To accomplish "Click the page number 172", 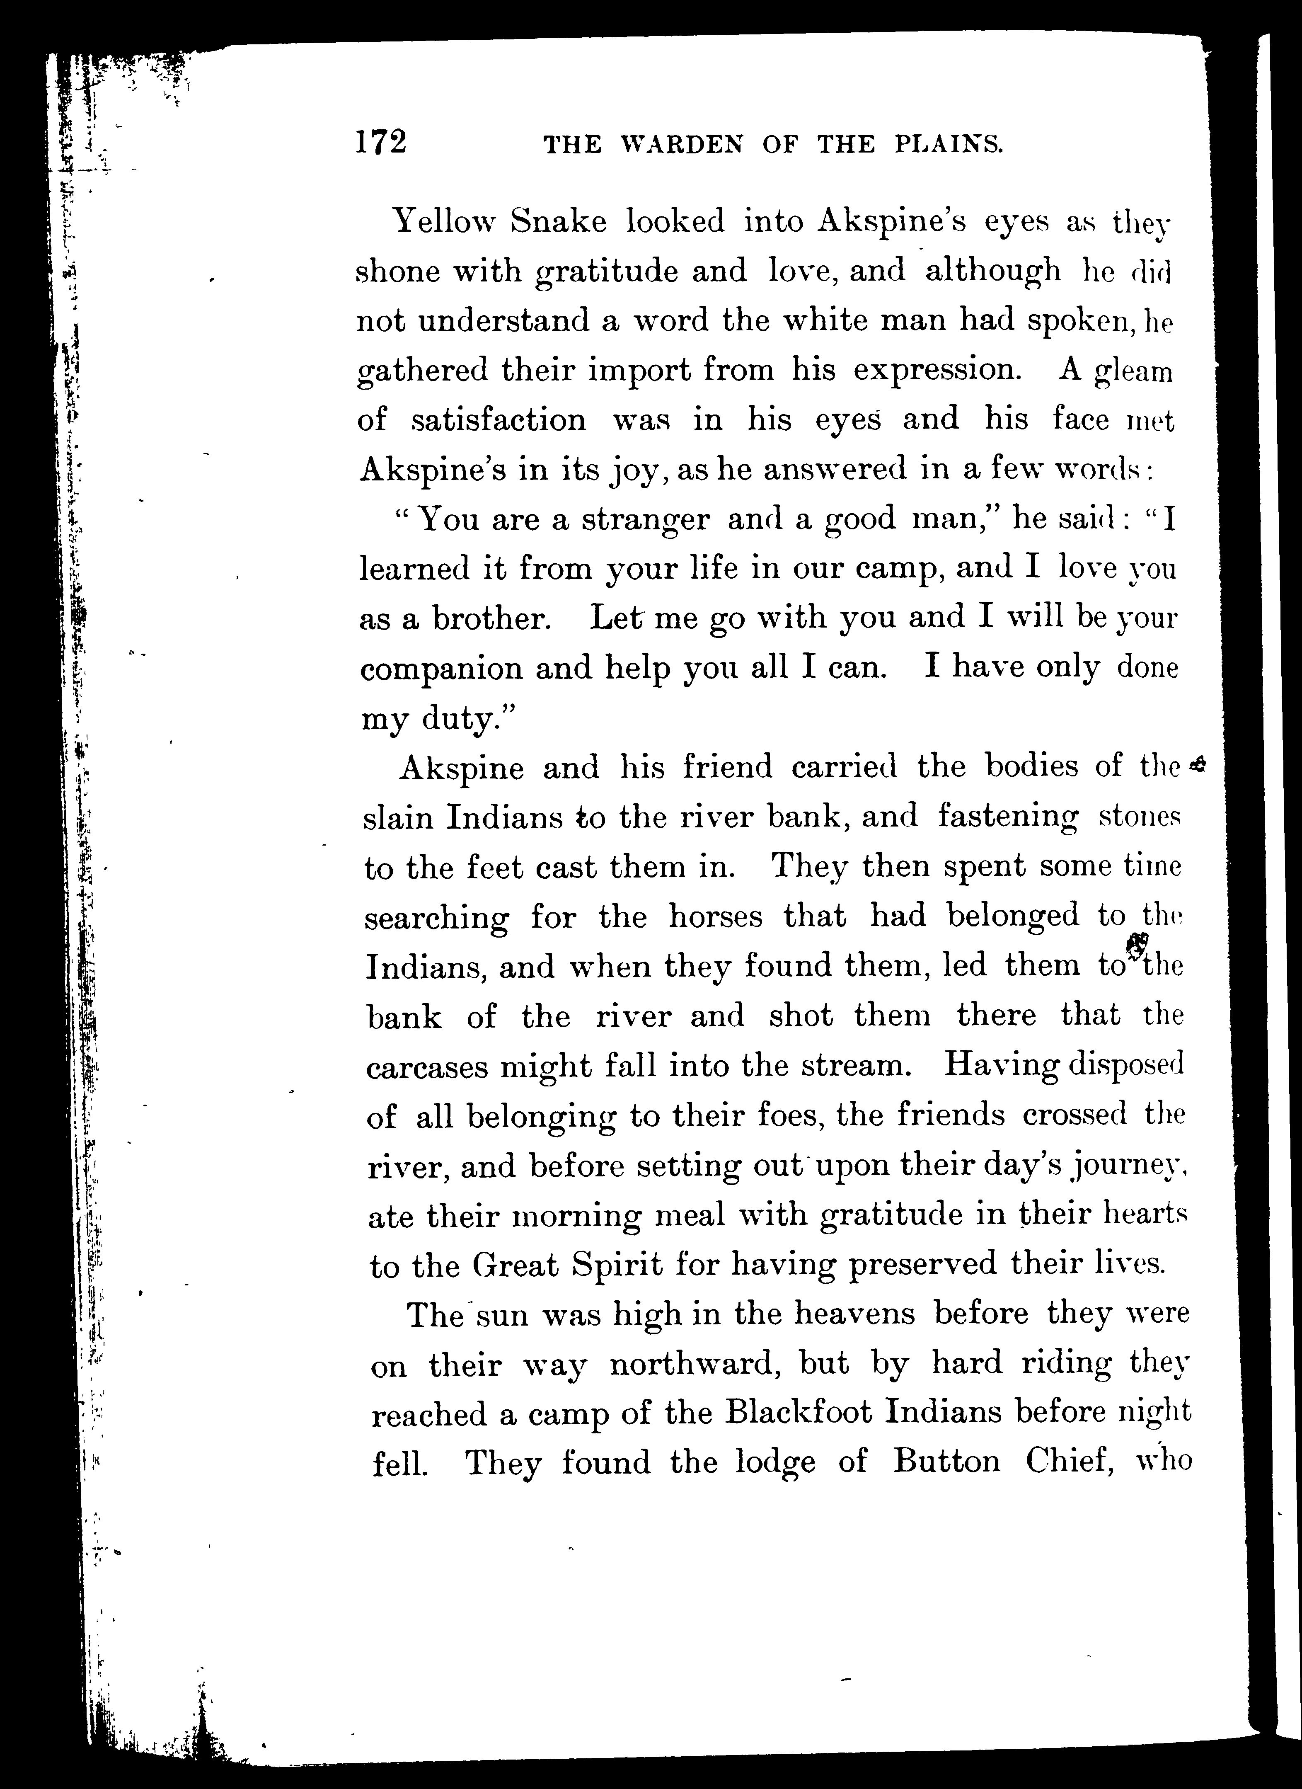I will pyautogui.click(x=381, y=143).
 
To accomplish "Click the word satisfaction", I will pyautogui.click(x=499, y=419).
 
